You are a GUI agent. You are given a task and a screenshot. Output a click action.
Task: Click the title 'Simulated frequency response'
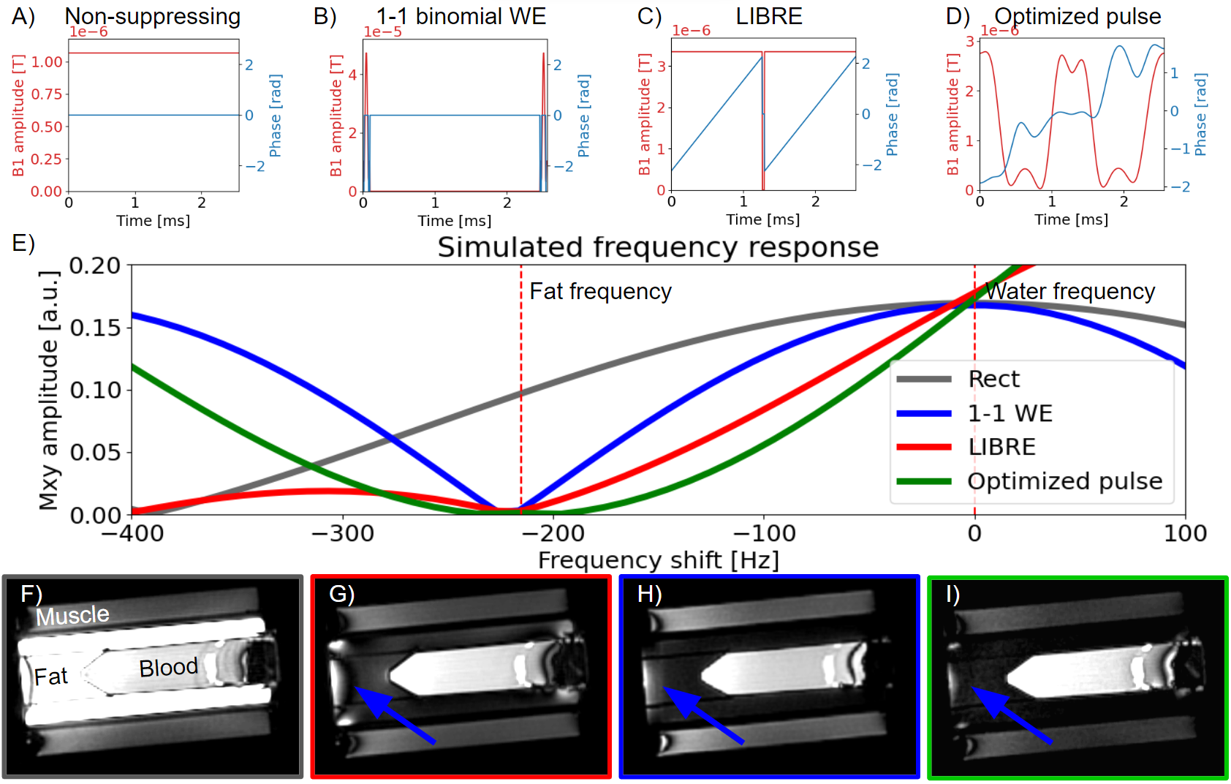pos(658,247)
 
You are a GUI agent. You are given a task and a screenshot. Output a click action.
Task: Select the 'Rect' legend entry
pos(993,379)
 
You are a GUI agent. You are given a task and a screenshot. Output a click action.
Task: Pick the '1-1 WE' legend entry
pos(1010,413)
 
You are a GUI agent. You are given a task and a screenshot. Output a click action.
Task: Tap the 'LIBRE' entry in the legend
pos(1001,447)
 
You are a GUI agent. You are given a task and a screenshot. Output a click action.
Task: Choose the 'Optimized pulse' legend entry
pos(1064,481)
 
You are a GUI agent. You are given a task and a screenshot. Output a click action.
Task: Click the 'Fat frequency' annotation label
pos(600,291)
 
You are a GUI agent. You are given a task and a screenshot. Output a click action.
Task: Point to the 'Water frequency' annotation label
pos(1070,291)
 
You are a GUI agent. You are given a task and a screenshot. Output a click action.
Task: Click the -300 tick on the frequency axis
pos(343,533)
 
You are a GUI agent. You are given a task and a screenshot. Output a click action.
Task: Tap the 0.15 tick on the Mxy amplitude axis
pos(95,328)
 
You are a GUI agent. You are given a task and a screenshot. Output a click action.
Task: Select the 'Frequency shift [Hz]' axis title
pos(658,560)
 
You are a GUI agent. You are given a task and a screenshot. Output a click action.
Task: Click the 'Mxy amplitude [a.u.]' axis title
pos(48,390)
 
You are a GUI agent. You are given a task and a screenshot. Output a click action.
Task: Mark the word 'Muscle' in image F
pos(72,616)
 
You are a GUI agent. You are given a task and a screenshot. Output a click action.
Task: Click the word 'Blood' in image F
pos(168,668)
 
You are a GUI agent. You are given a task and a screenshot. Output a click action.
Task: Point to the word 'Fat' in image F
pos(50,676)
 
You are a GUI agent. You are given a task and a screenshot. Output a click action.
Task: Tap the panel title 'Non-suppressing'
pos(152,16)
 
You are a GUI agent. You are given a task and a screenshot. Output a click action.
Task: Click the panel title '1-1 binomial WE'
pos(461,16)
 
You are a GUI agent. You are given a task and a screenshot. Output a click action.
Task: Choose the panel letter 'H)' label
pos(649,594)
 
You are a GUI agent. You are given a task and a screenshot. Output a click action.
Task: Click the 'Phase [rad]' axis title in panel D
pos(1201,114)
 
